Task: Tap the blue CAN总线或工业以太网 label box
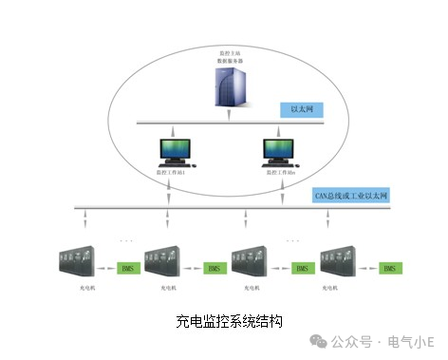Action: coord(351,196)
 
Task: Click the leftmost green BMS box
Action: coord(127,269)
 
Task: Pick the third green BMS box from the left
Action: coord(301,269)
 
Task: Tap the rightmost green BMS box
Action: coord(388,269)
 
